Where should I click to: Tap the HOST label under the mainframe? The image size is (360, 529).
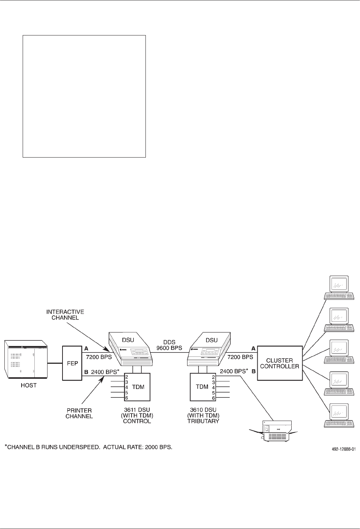(29, 385)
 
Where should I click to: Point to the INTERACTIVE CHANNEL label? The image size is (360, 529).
(65, 314)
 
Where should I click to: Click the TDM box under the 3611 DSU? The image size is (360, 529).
(137, 387)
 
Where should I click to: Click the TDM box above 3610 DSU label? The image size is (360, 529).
(202, 387)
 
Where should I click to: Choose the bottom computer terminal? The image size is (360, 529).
(339, 415)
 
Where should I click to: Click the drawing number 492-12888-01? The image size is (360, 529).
(341, 447)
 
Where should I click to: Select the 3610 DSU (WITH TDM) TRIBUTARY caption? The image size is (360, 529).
(203, 415)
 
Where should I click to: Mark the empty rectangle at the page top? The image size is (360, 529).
(84, 96)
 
